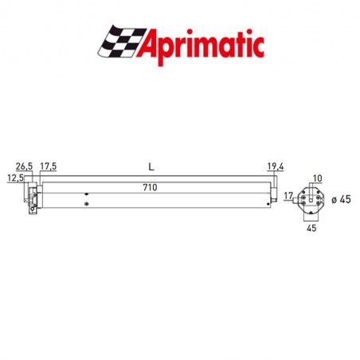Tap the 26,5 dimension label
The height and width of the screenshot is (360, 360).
(25, 166)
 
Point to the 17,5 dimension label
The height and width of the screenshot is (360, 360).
(49, 166)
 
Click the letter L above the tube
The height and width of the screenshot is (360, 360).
(150, 166)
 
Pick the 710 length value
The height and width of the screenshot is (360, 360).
(150, 187)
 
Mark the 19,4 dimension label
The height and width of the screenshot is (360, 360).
(275, 166)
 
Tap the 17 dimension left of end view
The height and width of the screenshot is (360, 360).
(289, 196)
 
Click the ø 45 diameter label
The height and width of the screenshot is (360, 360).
(340, 199)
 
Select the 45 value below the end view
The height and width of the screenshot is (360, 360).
(311, 229)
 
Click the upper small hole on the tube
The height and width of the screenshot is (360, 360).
(86, 194)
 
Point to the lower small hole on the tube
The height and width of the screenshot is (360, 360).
(86, 205)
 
